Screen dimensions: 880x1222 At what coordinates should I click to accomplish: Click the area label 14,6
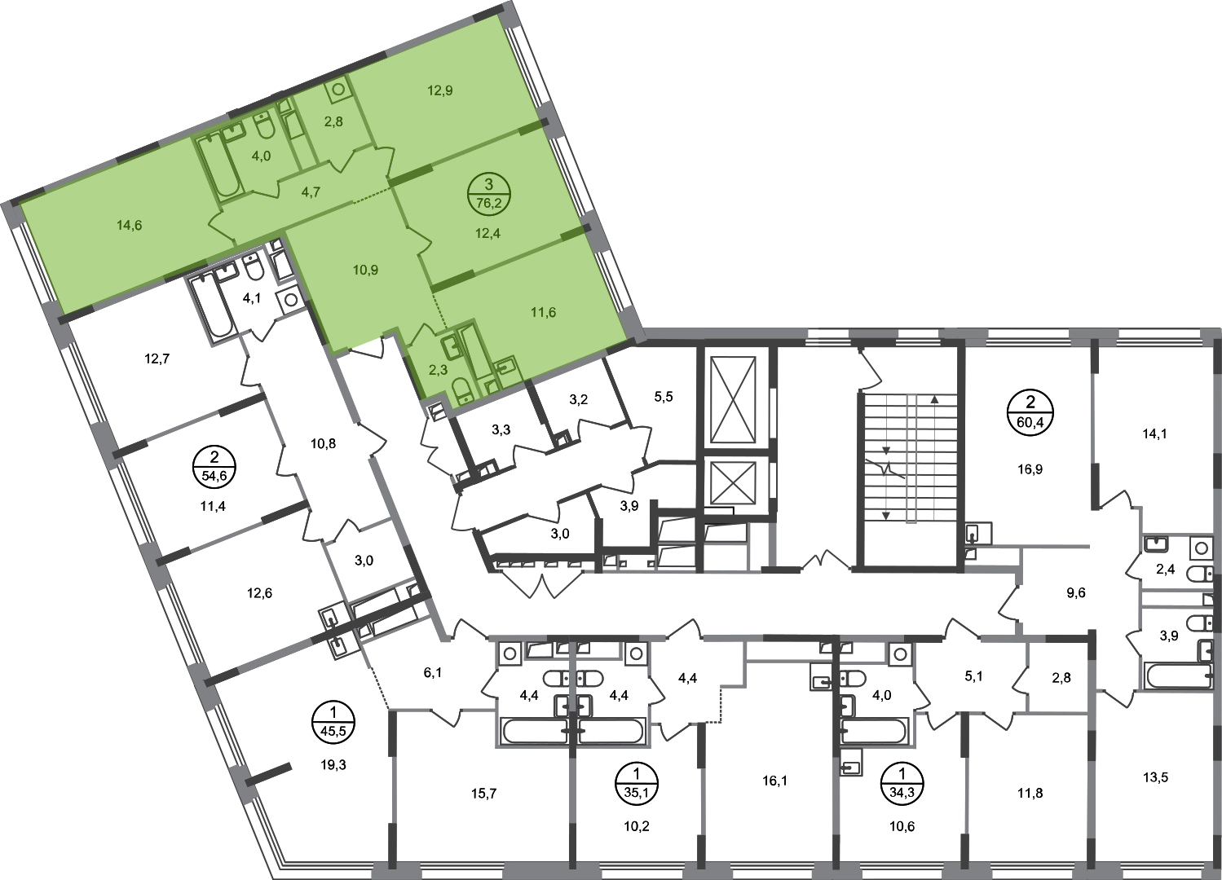(130, 225)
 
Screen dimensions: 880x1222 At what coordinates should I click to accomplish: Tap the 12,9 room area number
(440, 90)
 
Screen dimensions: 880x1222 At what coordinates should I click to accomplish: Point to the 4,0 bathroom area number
(261, 156)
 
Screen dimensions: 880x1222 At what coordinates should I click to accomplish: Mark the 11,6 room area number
(543, 311)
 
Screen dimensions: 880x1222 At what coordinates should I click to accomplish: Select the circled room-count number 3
(488, 186)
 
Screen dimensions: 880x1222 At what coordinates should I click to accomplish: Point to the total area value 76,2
(488, 204)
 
